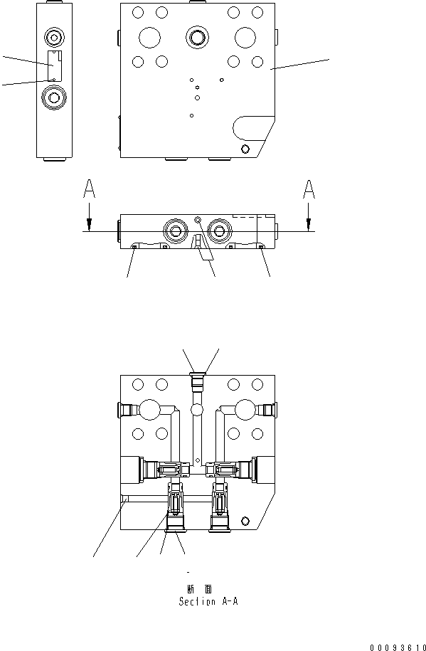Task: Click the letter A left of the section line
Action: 89,189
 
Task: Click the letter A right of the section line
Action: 309,189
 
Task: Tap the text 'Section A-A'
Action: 208,601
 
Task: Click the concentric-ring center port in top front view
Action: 197,36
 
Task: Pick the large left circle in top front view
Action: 150,37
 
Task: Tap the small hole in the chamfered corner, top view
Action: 245,148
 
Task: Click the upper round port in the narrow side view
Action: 54,36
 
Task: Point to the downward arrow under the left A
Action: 89,216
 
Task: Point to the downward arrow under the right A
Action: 309,216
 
